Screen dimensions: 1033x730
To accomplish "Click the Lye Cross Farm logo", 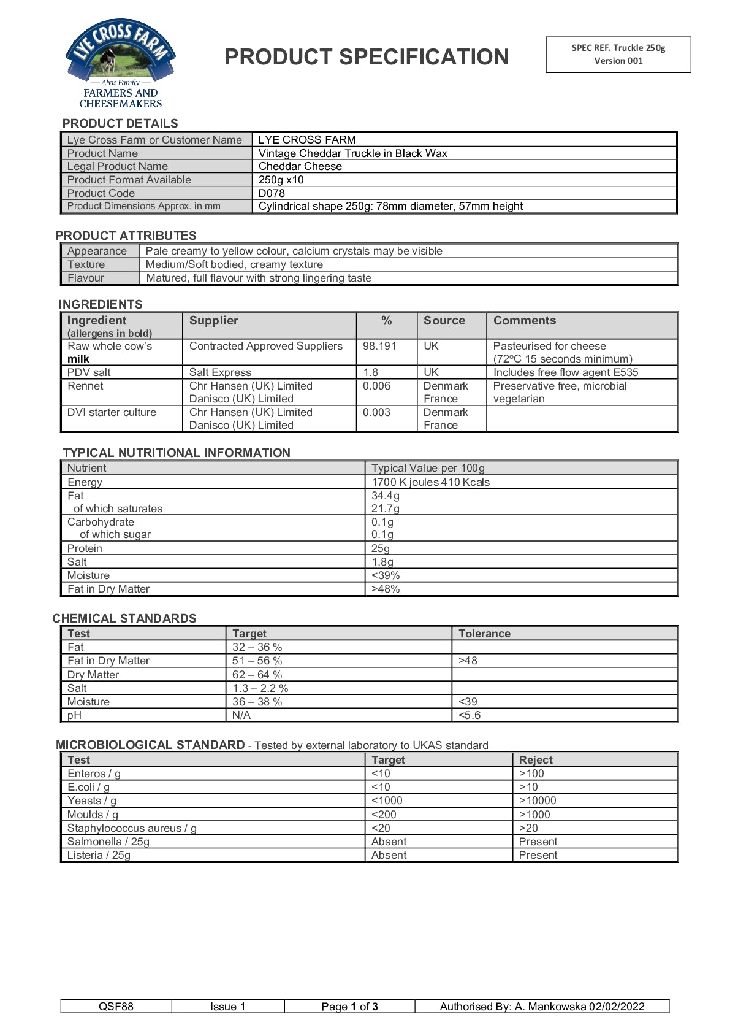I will [121, 63].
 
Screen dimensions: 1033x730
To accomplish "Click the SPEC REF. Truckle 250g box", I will [618, 54].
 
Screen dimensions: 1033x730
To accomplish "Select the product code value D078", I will [272, 193].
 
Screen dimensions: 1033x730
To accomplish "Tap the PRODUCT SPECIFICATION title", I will [367, 57].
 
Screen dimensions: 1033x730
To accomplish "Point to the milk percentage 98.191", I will [379, 346].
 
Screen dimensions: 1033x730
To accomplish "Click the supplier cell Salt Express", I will [220, 372].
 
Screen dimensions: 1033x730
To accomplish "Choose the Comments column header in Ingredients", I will [524, 320].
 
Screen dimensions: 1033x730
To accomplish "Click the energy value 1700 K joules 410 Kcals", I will [430, 482].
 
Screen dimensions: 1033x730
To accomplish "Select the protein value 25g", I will [381, 548].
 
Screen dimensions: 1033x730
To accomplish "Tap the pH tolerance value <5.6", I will [470, 715].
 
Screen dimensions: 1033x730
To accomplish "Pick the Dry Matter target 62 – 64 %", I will [257, 675].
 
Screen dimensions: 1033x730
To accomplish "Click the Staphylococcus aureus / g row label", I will [132, 828].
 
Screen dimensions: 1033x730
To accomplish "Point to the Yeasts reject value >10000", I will [538, 801].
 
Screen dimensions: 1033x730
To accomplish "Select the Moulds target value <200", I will [384, 815].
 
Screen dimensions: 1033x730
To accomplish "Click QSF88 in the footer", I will [116, 1007].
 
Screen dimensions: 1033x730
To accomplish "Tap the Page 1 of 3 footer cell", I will [349, 1007].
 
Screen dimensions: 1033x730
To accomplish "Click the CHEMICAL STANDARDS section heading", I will [124, 618].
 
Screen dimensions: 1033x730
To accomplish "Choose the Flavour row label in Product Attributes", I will [86, 278].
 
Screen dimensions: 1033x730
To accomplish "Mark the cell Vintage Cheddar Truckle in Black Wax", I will [352, 153].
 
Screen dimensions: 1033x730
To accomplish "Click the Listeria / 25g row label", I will [99, 855].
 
